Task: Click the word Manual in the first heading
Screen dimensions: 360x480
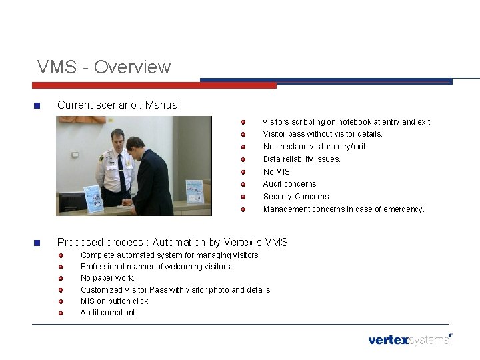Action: [x=163, y=105]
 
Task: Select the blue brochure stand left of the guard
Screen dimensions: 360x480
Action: [x=91, y=198]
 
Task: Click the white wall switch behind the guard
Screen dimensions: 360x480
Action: [x=75, y=154]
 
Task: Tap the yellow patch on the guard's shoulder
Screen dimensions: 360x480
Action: [x=102, y=160]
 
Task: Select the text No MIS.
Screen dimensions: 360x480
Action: [x=277, y=171]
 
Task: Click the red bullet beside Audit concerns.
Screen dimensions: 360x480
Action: [x=244, y=184]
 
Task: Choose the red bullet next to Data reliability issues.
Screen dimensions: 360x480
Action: [x=244, y=159]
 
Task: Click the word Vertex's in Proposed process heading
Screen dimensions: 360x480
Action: [x=246, y=242]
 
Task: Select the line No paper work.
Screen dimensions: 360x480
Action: [x=107, y=278]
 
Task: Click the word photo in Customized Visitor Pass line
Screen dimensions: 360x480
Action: [x=218, y=290]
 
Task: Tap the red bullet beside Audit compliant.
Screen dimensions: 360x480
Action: [x=61, y=313]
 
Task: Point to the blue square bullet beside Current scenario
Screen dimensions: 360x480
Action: [x=37, y=105]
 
